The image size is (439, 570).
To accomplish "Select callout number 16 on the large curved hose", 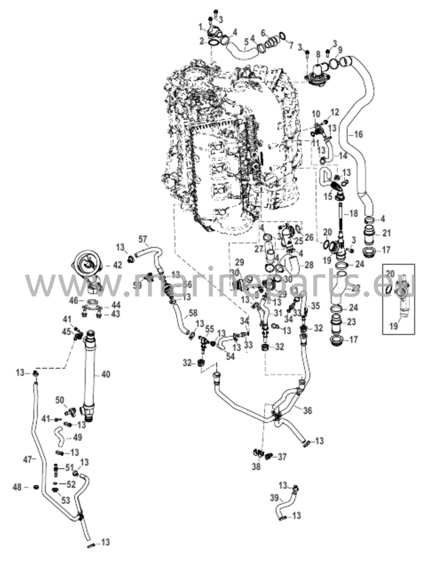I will [359, 134].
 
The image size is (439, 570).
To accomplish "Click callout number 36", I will [307, 410].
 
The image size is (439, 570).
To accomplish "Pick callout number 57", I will [142, 239].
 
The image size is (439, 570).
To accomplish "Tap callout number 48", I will [17, 487].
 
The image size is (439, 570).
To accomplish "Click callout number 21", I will [386, 233].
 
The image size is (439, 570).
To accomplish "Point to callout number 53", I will [65, 500].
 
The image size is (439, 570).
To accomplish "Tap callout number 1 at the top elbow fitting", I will [200, 27].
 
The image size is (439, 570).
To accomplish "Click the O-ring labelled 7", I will [282, 36].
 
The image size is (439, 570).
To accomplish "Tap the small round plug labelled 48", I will [35, 487].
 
